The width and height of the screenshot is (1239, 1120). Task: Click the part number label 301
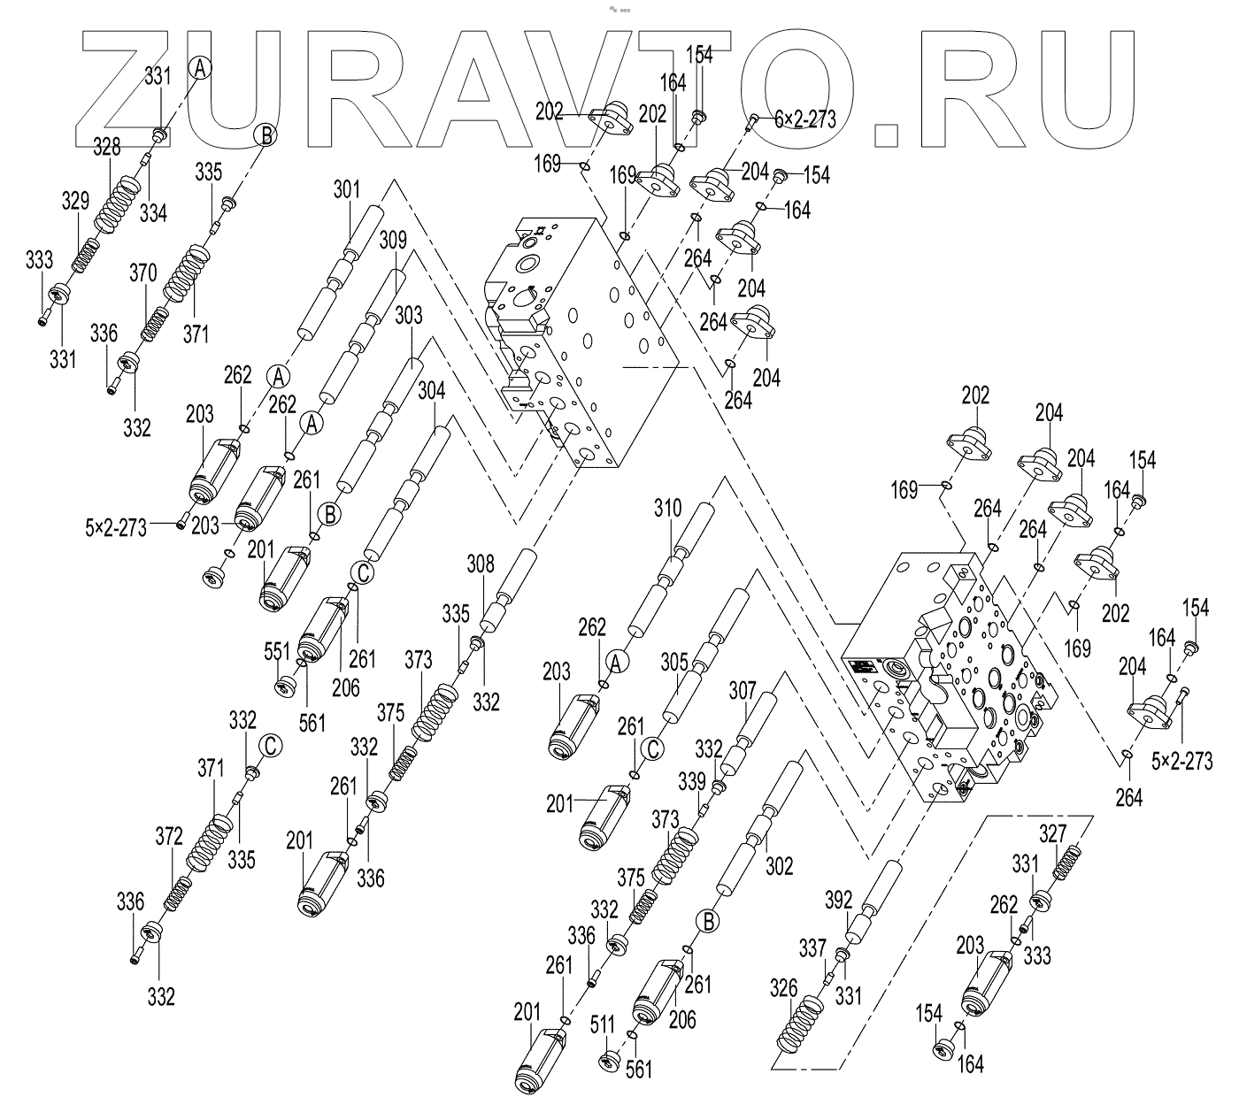point(347,189)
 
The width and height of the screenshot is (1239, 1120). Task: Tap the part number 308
point(481,564)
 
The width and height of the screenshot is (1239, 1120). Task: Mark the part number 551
point(276,651)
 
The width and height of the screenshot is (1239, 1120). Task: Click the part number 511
point(602,1027)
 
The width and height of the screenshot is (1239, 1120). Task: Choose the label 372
point(169,836)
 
